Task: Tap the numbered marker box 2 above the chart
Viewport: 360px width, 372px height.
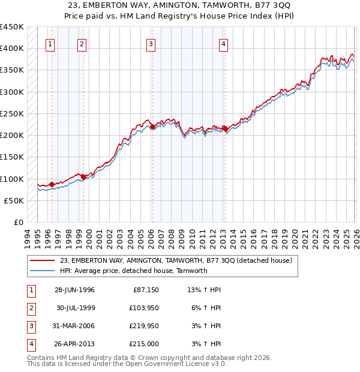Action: [x=81, y=44]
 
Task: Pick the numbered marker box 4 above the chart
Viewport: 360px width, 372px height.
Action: [x=223, y=44]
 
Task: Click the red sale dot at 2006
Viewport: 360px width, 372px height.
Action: [x=152, y=127]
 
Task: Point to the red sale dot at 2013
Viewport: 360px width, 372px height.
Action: [x=224, y=128]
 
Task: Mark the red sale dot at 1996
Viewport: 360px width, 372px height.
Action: [x=52, y=184]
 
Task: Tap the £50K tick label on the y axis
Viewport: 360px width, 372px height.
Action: [x=14, y=200]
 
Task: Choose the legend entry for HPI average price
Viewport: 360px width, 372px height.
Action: [x=133, y=271]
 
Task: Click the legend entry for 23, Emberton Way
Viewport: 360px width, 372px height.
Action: [x=176, y=260]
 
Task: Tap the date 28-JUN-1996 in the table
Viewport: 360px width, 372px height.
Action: [x=74, y=290]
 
